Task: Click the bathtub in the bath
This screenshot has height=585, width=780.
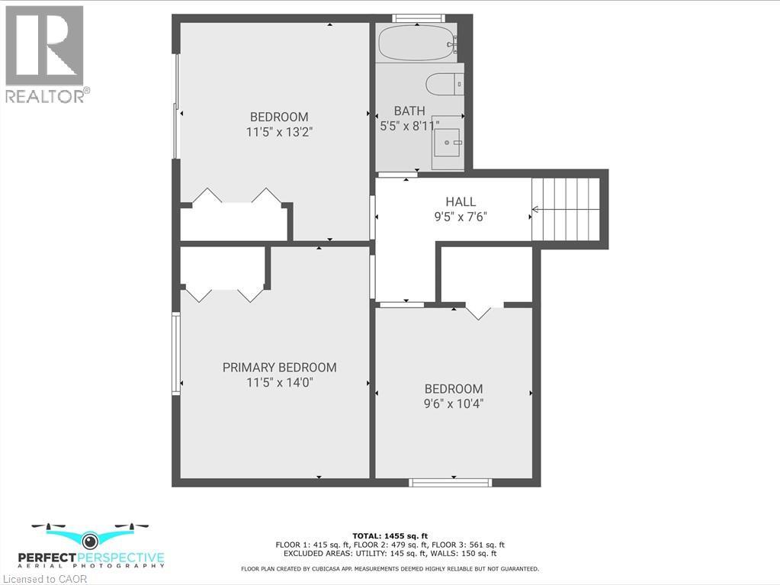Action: click(x=416, y=43)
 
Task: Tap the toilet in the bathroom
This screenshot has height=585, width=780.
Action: click(x=444, y=83)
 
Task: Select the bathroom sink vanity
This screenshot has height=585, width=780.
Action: click(x=448, y=142)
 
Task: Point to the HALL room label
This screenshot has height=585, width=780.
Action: click(x=461, y=201)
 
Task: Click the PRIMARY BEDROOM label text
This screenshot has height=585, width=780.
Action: click(x=279, y=368)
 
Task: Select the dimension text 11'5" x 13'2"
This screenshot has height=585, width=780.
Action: click(x=279, y=132)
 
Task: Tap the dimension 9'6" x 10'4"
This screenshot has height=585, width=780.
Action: click(x=454, y=403)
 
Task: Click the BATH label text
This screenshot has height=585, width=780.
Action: click(x=409, y=111)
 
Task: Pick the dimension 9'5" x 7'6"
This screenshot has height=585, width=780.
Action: click(x=461, y=216)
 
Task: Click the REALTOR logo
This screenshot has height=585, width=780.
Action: click(x=45, y=54)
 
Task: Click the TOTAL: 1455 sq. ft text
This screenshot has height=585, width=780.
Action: click(x=390, y=535)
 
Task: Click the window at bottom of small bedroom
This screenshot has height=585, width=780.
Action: click(x=450, y=482)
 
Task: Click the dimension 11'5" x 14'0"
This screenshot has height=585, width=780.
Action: click(x=279, y=382)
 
